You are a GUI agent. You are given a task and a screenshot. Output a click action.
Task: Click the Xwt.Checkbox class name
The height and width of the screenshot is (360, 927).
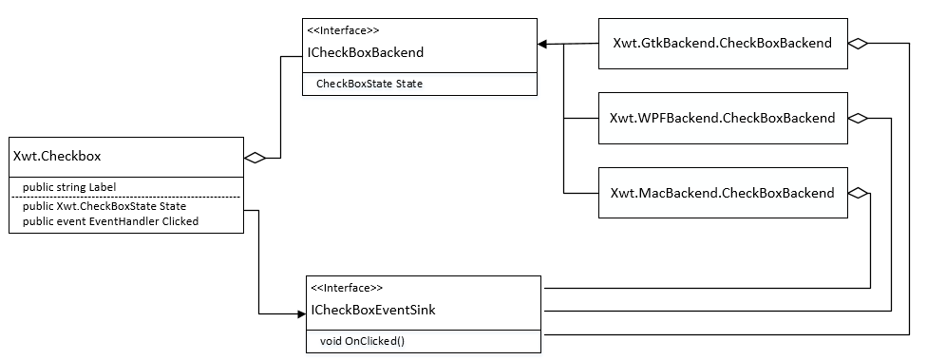click(x=57, y=157)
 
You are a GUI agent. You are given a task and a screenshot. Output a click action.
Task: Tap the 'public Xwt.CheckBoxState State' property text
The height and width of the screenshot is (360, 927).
click(x=104, y=206)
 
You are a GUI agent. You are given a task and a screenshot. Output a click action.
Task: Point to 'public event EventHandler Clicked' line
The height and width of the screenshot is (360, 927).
click(x=110, y=221)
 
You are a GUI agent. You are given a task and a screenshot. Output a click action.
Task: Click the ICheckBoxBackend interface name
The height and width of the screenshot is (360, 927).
click(x=367, y=52)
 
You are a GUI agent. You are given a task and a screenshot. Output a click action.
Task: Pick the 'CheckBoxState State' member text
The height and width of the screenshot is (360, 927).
click(x=369, y=84)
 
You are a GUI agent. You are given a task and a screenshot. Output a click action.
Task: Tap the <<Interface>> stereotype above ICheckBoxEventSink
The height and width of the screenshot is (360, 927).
click(x=346, y=288)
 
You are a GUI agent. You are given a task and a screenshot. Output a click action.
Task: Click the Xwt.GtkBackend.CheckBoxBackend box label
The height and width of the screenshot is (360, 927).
click(x=723, y=43)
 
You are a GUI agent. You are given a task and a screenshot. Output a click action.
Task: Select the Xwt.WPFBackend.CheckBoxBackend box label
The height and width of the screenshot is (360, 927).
click(x=722, y=119)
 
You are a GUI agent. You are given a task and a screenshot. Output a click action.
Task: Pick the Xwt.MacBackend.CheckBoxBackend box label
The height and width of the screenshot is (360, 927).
click(x=722, y=193)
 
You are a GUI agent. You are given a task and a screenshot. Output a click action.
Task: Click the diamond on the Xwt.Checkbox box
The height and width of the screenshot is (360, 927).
click(x=255, y=158)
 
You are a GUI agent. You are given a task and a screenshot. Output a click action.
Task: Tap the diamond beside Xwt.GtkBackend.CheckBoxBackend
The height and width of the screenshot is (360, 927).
click(x=859, y=43)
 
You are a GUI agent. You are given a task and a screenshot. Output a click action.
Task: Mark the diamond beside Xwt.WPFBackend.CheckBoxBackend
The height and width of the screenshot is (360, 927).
click(x=859, y=119)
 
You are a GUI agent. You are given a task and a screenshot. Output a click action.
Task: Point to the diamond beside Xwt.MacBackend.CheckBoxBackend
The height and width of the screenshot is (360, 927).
click(x=859, y=193)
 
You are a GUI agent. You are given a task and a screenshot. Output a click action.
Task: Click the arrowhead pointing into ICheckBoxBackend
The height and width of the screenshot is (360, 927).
click(x=543, y=44)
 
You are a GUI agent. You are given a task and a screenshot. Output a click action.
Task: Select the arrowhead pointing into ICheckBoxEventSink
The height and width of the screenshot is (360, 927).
click(x=296, y=312)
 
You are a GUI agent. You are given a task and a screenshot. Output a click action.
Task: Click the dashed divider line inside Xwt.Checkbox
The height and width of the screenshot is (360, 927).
click(x=126, y=197)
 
